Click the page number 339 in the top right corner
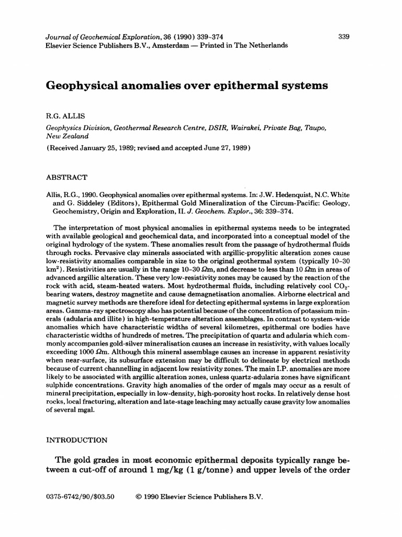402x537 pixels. pyautogui.click(x=344, y=37)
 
